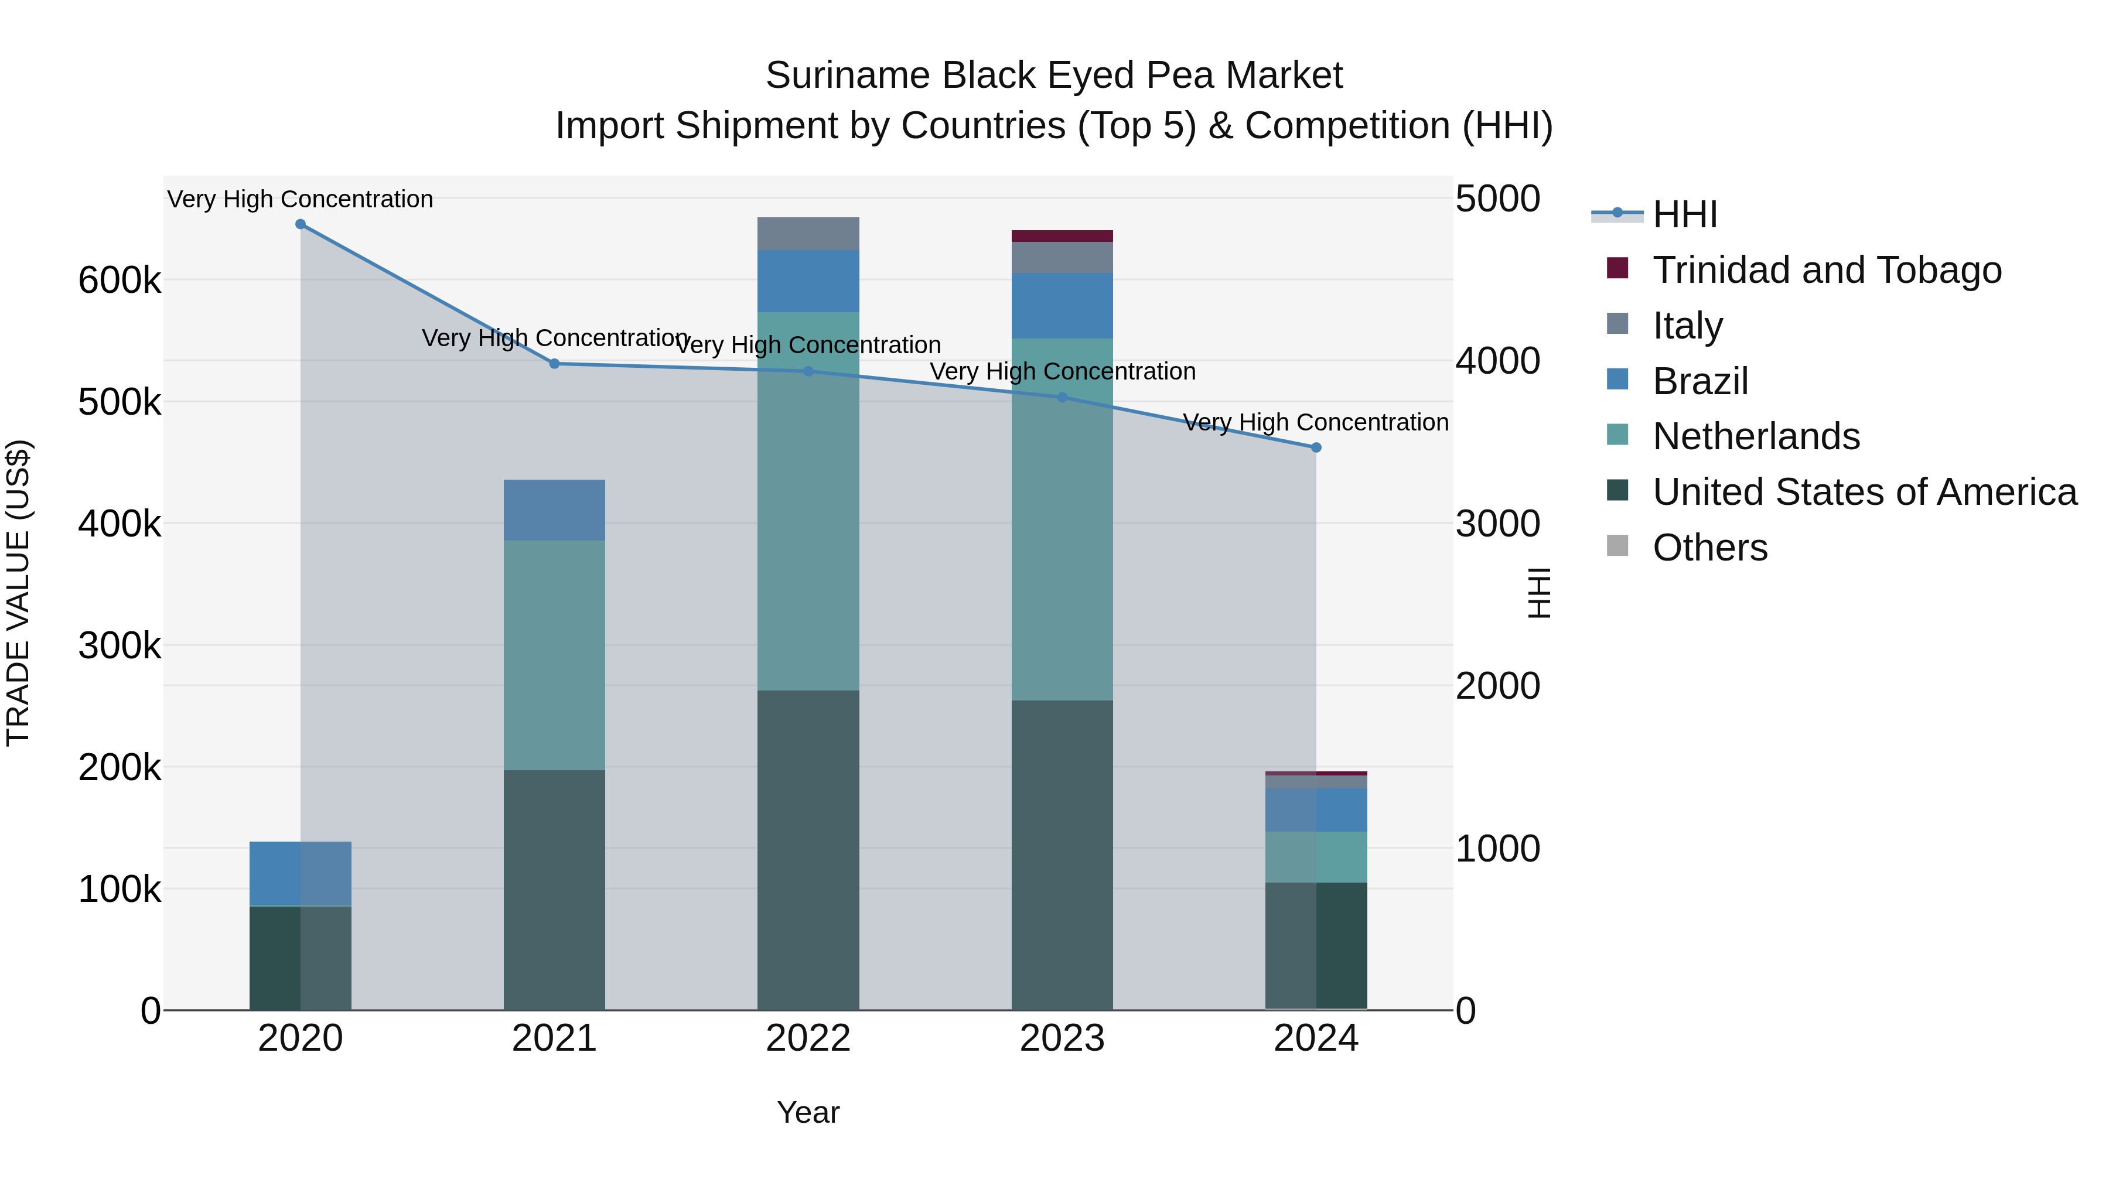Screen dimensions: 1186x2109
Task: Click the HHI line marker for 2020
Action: pos(301,224)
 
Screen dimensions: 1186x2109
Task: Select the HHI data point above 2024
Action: pos(1316,447)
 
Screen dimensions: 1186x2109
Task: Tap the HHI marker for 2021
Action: pos(554,363)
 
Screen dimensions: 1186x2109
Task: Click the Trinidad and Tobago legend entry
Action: pos(1827,270)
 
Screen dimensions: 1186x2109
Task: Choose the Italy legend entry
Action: pos(1687,326)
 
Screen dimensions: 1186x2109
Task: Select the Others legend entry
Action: pos(1709,548)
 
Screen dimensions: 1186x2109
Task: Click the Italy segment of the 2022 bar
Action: pos(808,234)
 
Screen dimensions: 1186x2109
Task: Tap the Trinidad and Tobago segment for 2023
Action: pos(1062,237)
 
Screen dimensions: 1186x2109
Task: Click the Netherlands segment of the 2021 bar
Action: pos(554,655)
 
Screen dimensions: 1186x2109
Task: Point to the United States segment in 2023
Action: pos(1062,855)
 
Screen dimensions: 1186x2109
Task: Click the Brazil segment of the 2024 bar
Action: pos(1316,811)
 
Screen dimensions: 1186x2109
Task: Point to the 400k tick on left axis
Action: pos(120,524)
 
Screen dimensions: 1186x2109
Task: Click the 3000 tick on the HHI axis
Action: pos(1497,524)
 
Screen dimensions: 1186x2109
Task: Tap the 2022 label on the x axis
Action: pos(808,1038)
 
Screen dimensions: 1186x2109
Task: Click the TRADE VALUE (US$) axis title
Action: pos(18,593)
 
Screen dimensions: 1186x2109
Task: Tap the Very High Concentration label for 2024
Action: pos(1316,422)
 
